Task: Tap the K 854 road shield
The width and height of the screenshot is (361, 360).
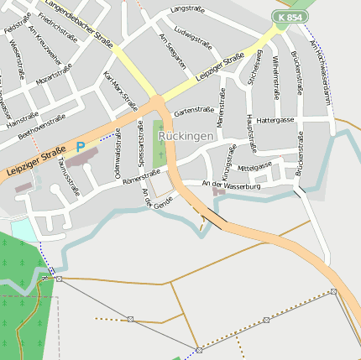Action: coord(289,17)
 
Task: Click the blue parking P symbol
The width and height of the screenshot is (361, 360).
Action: coord(81,146)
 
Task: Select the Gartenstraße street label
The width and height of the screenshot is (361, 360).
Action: coord(194,110)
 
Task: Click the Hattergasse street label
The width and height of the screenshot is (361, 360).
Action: coord(275,120)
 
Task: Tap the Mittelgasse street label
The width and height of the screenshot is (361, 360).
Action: coord(255,165)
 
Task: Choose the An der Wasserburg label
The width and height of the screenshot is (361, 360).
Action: coord(232,184)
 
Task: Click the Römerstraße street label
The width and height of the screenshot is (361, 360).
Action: coord(140,176)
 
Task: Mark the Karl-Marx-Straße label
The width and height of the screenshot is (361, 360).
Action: coord(119,91)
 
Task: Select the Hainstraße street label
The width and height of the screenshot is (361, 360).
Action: coord(23,118)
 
